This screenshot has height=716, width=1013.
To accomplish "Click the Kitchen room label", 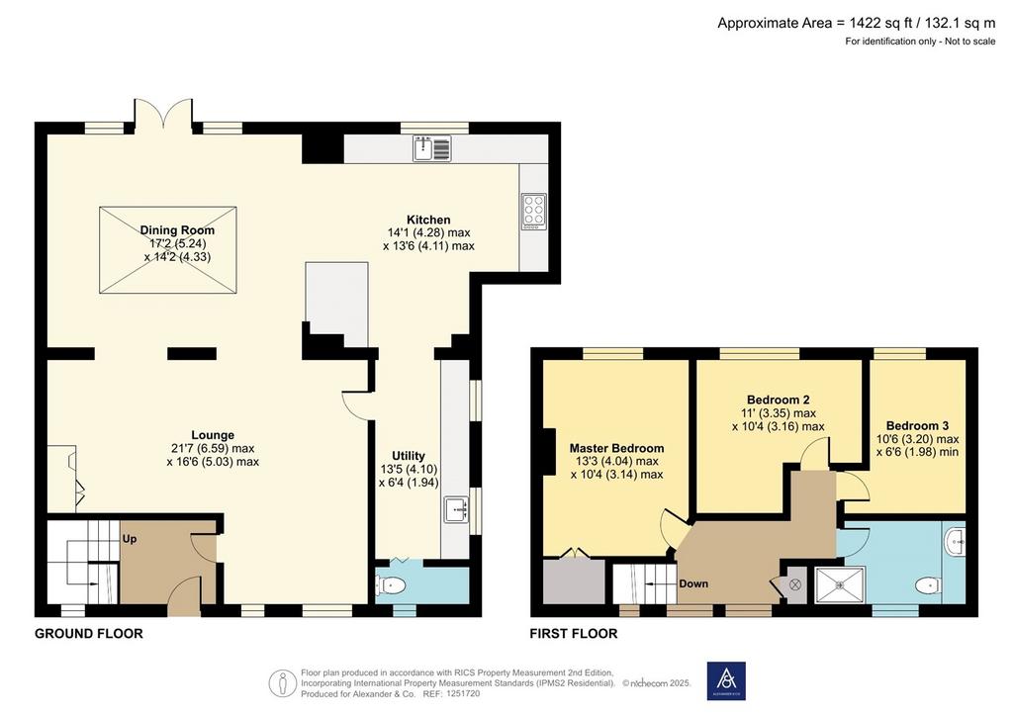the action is pyautogui.click(x=428, y=220).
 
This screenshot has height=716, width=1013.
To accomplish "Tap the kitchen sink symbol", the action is pyautogui.click(x=432, y=148).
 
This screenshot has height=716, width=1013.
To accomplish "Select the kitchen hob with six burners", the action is pyautogui.click(x=534, y=211).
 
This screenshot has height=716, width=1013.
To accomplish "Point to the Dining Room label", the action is pyautogui.click(x=177, y=229).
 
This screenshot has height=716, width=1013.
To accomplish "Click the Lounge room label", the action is pyautogui.click(x=213, y=435).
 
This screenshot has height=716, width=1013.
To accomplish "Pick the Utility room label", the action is pyautogui.click(x=409, y=455).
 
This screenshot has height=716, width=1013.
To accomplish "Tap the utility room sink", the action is pyautogui.click(x=456, y=509).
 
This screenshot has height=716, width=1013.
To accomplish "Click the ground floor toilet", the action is pyautogui.click(x=390, y=585).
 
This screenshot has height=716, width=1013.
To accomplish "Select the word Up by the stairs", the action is pyautogui.click(x=130, y=538).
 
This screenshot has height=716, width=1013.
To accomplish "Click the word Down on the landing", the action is pyautogui.click(x=693, y=583).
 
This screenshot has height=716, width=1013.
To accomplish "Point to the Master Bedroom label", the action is pyautogui.click(x=616, y=448).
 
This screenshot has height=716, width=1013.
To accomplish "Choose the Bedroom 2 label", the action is pyautogui.click(x=778, y=400).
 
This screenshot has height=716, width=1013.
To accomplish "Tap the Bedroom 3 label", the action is pyautogui.click(x=917, y=425).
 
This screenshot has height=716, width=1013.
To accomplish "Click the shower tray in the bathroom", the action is pyautogui.click(x=840, y=584).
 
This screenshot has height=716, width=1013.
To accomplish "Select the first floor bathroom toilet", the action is pyautogui.click(x=928, y=584).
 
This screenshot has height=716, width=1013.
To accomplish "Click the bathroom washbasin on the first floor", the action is pyautogui.click(x=955, y=541).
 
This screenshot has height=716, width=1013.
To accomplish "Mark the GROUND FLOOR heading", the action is pyautogui.click(x=89, y=633).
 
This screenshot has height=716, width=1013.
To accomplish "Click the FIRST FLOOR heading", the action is pyautogui.click(x=574, y=633).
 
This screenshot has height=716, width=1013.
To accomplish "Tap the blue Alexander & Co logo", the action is pyautogui.click(x=726, y=680).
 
